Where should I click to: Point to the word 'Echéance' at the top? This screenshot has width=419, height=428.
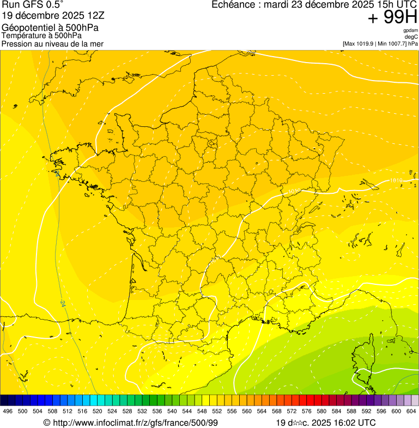point(232,5)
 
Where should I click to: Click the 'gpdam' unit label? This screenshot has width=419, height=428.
point(410,30)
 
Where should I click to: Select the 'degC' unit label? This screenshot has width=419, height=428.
point(411,36)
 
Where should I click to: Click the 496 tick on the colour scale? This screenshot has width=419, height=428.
point(8,411)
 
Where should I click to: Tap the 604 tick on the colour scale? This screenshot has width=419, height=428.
point(411,411)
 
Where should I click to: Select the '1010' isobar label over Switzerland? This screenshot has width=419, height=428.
point(396,180)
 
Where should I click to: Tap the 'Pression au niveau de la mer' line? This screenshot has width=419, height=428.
point(52,44)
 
